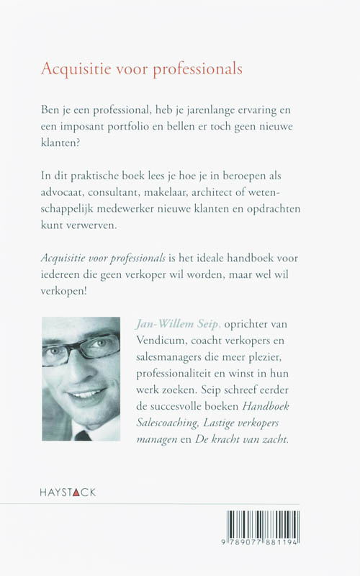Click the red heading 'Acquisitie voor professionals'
pyautogui.click(x=141, y=70)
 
